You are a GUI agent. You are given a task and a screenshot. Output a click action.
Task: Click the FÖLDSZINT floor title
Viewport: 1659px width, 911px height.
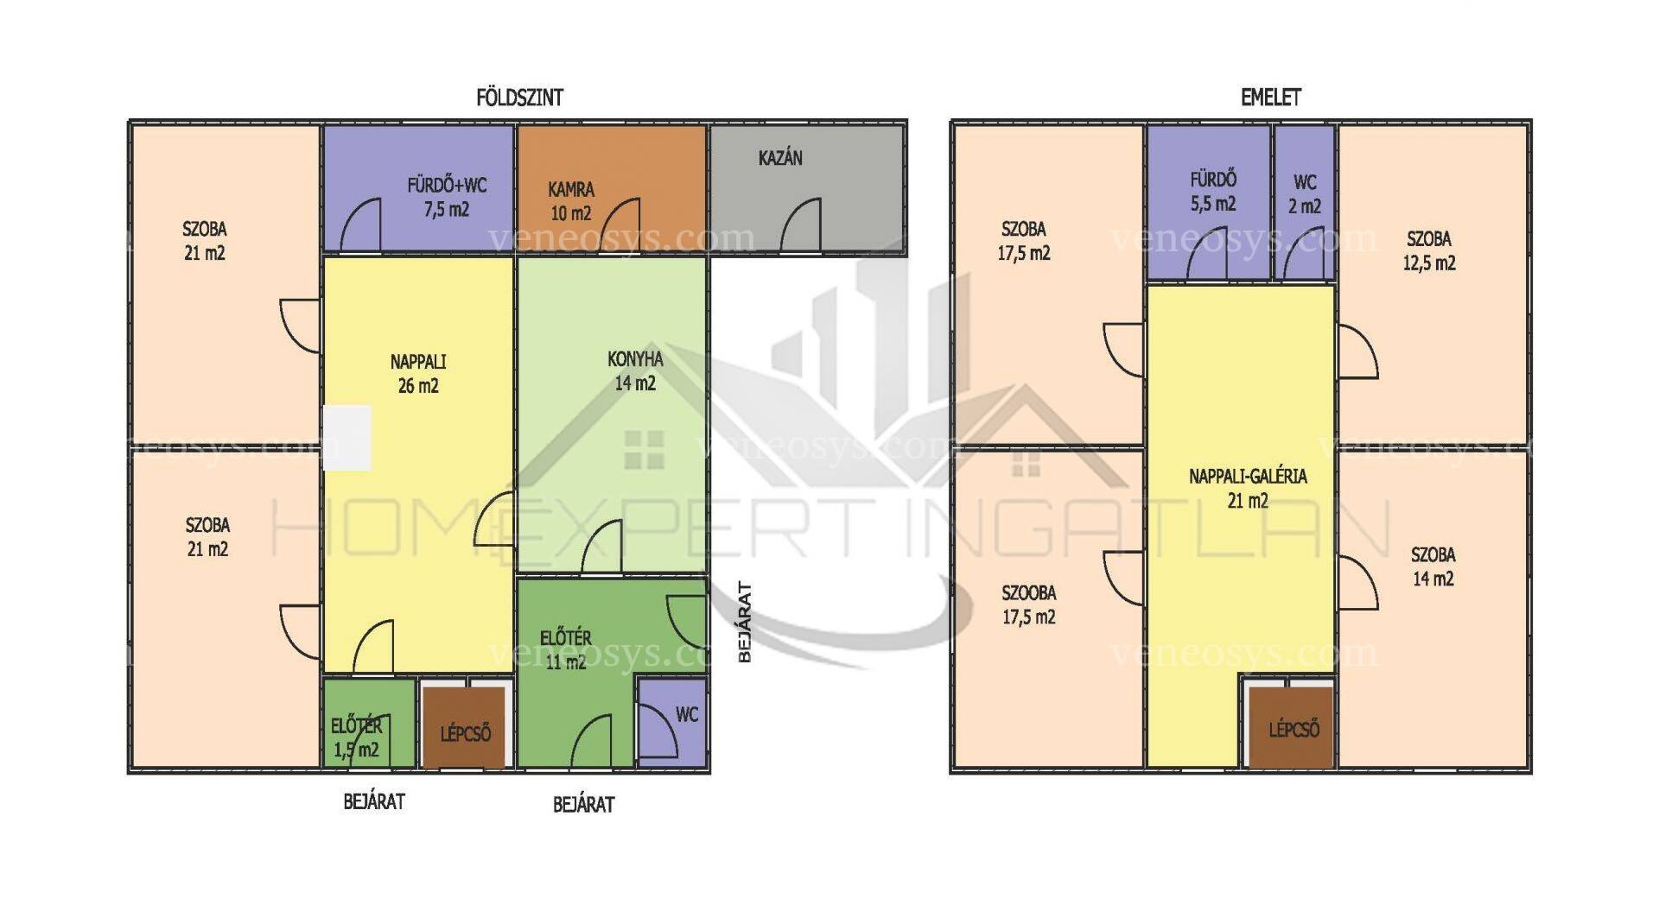tap(519, 98)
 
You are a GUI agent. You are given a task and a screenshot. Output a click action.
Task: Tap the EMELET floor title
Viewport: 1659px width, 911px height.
tap(1270, 98)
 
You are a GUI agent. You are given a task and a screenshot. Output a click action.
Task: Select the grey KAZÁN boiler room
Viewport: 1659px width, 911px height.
tap(807, 189)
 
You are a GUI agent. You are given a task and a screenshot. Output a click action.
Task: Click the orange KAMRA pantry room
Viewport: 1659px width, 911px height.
tap(612, 189)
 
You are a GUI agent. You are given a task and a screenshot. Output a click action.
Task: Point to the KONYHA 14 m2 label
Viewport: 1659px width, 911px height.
tap(635, 370)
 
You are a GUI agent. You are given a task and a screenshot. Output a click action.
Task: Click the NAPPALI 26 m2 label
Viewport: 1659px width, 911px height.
tap(418, 373)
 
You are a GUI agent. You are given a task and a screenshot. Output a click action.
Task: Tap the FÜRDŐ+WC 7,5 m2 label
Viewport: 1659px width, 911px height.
tap(447, 197)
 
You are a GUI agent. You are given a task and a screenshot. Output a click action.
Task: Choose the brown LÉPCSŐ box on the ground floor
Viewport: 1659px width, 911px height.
tap(465, 727)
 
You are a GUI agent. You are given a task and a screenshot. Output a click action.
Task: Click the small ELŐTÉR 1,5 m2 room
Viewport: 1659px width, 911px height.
tap(369, 724)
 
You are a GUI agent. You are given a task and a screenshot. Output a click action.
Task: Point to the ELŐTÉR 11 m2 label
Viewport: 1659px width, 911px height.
tap(566, 649)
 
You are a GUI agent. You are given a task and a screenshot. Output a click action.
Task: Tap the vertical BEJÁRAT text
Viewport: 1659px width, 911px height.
tap(745, 622)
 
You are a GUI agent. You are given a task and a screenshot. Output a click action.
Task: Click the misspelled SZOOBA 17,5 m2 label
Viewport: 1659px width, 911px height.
tap(1029, 604)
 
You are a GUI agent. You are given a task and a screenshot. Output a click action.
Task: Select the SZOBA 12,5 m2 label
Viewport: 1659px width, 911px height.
tap(1429, 250)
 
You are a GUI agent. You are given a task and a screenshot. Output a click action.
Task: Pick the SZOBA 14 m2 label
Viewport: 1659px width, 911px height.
tap(1433, 566)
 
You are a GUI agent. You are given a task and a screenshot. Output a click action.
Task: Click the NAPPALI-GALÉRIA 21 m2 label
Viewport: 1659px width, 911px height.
tap(1248, 488)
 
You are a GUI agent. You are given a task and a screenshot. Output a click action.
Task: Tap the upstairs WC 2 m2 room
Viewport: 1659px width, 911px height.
tap(1305, 203)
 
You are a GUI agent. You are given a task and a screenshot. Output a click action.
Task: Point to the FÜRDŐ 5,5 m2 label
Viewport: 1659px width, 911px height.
tap(1213, 192)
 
